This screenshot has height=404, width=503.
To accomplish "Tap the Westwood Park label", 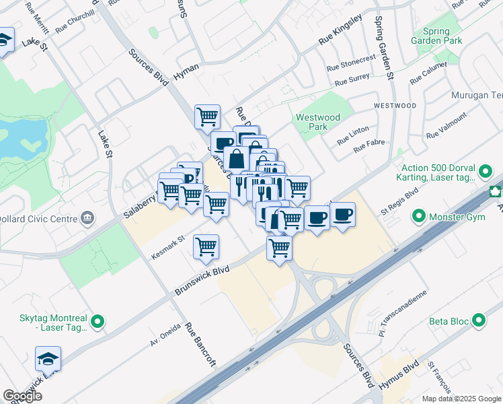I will [x=318, y=122].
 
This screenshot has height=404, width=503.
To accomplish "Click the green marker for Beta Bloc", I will [x=479, y=321].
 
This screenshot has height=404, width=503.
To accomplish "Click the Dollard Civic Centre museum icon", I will [x=87, y=218].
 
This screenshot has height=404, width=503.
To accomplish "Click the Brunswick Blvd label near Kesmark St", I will [x=202, y=280].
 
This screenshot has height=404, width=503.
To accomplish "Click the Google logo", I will [x=22, y=396].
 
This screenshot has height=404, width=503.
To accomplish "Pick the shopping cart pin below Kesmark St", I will [x=206, y=246].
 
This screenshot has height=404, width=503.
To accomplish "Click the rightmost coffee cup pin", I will [x=343, y=215].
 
